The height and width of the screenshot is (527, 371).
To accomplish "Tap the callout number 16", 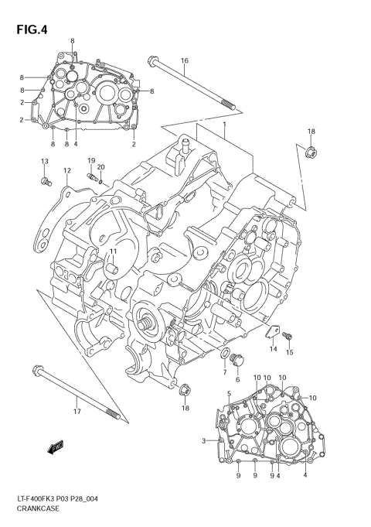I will click(x=185, y=60).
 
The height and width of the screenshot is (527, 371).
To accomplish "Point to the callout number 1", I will click(x=224, y=125).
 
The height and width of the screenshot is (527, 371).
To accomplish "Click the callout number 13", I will click(x=44, y=161).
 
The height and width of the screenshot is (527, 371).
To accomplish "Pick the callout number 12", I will click(x=67, y=171).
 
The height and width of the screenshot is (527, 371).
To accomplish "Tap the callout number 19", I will click(x=90, y=161).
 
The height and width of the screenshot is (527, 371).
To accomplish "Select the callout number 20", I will click(x=101, y=167).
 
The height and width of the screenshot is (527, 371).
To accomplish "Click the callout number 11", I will click(x=112, y=252).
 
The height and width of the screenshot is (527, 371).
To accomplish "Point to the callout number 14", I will click(x=273, y=349).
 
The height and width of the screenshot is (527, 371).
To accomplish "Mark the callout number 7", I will click(x=224, y=372).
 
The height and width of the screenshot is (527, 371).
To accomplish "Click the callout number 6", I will click(x=237, y=379).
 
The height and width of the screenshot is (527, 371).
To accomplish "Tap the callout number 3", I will click(x=203, y=441).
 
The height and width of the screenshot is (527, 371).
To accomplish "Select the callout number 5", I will click(x=230, y=395).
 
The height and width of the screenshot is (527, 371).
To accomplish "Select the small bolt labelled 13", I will click(x=45, y=181).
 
